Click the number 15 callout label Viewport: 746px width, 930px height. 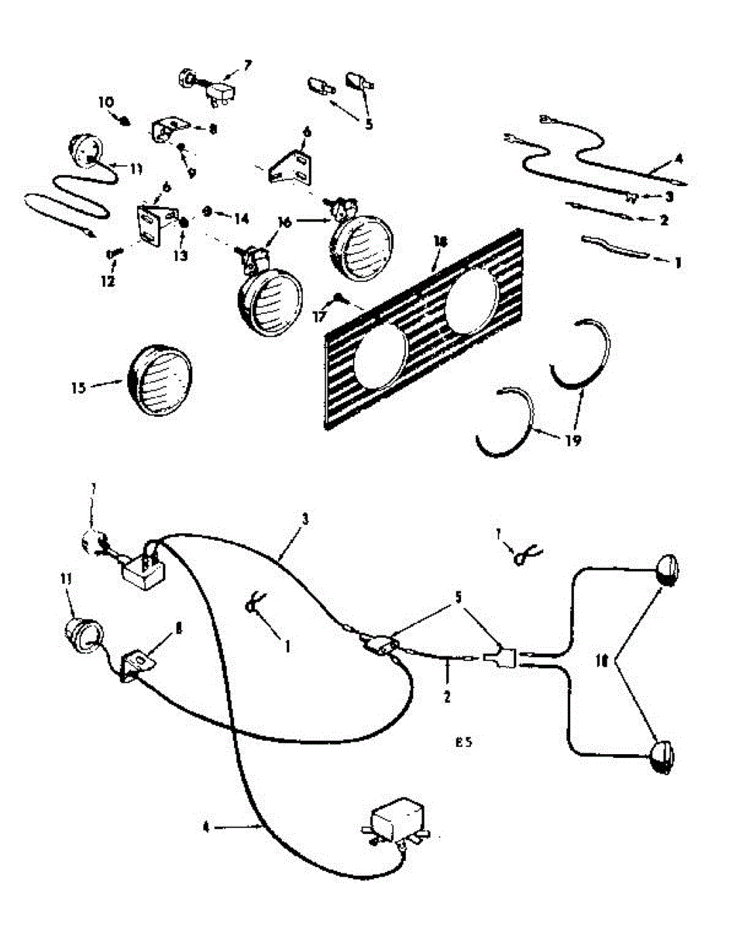[x=77, y=387]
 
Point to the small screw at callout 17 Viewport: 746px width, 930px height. [x=339, y=297]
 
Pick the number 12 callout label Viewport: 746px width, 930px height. [x=108, y=281]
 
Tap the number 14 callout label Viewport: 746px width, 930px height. [x=242, y=219]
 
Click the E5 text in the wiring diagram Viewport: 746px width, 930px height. [x=463, y=742]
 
